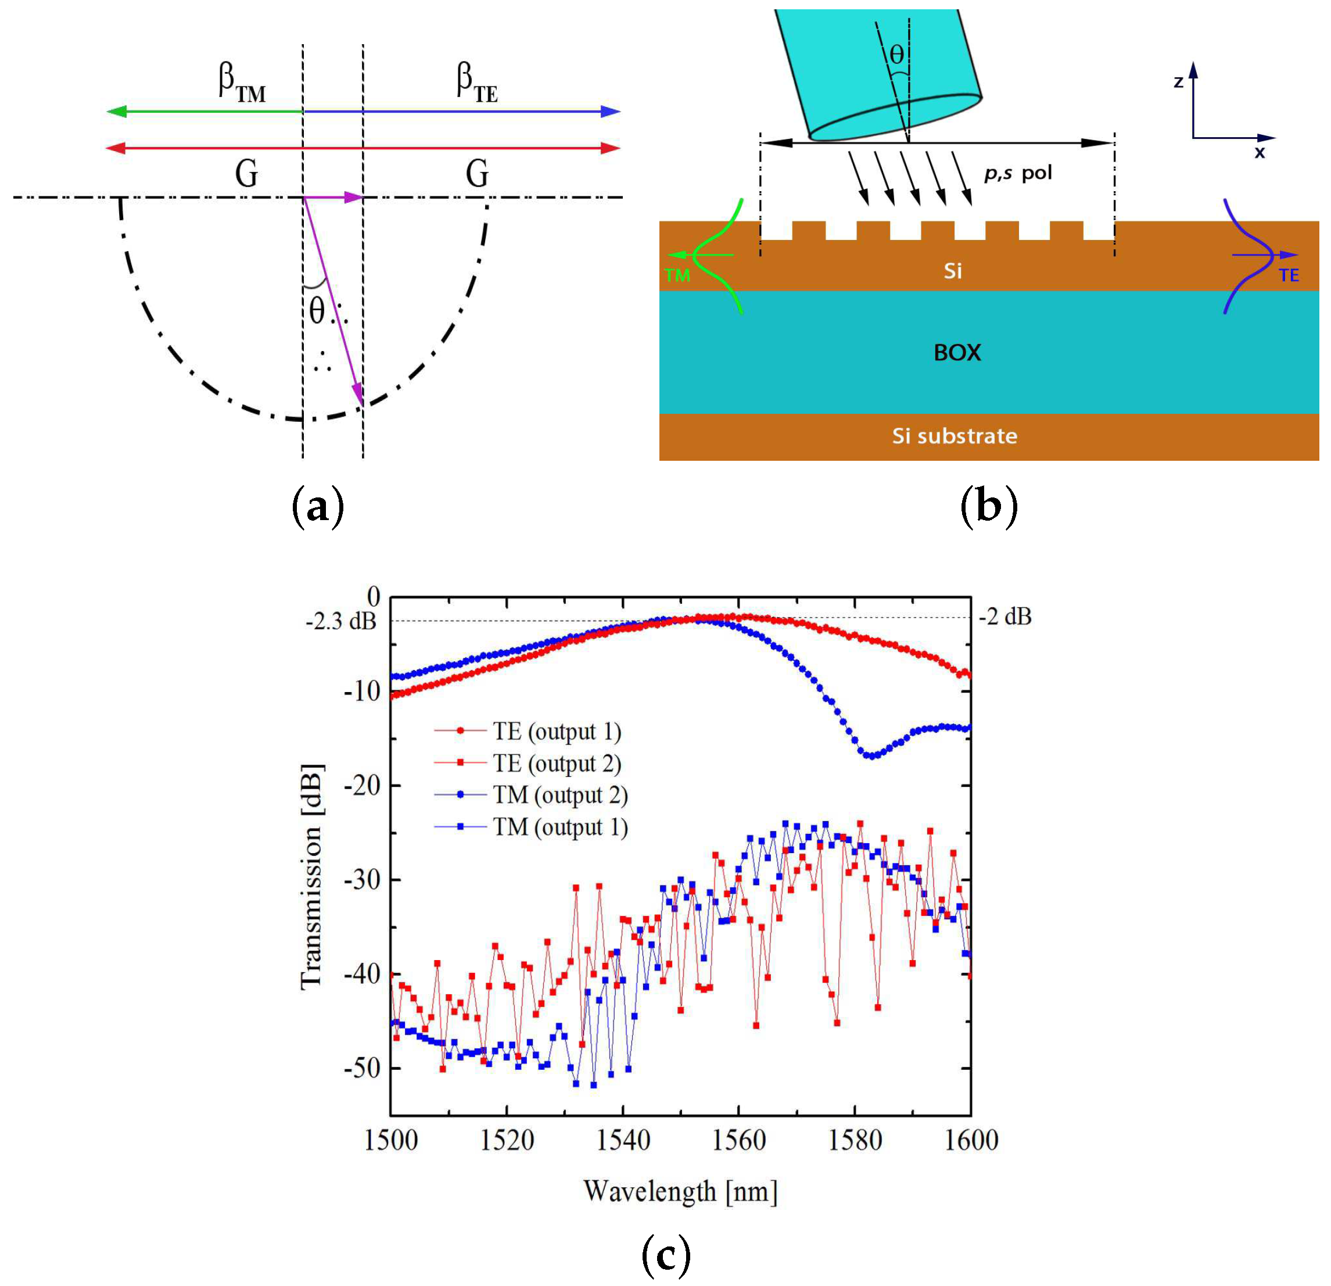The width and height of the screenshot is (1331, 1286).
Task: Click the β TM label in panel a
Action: coord(242,83)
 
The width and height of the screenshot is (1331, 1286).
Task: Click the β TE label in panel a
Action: coord(477,83)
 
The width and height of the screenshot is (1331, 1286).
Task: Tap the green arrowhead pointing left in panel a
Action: coord(117,112)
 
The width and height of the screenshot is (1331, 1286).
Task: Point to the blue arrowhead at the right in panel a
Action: coord(611,112)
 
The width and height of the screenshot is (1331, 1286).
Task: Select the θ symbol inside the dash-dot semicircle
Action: coord(317,311)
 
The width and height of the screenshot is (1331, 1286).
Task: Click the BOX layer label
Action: coord(957,353)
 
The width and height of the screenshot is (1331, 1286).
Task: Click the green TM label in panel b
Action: coord(677,275)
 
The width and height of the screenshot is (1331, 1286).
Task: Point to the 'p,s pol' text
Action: coord(1018,174)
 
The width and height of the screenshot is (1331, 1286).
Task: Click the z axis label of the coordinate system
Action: coord(1178,82)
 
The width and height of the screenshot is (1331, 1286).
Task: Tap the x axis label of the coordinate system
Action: coord(1260,153)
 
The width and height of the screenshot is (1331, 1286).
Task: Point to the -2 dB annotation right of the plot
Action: coord(1005,617)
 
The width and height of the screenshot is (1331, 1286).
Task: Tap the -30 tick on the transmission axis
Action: coord(362,880)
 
